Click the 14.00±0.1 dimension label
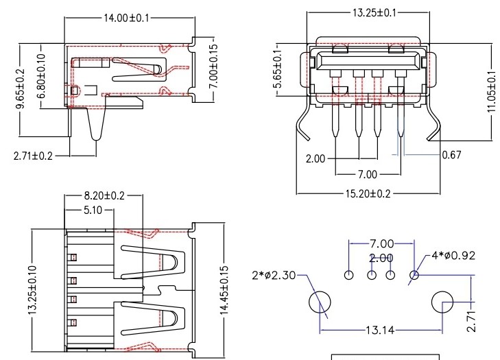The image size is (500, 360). click(128, 18)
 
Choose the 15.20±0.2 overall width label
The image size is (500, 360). click(364, 194)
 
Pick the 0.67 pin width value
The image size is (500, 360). click(451, 155)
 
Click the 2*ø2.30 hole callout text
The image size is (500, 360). click(275, 276)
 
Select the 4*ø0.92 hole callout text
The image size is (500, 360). click(453, 256)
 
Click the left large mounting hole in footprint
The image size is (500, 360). click(319, 302)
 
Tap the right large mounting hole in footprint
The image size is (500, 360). click(442, 302)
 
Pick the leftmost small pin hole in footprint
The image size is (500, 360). click(349, 276)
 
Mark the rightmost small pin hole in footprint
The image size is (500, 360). click(414, 276)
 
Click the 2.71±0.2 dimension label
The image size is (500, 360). click(34, 156)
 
